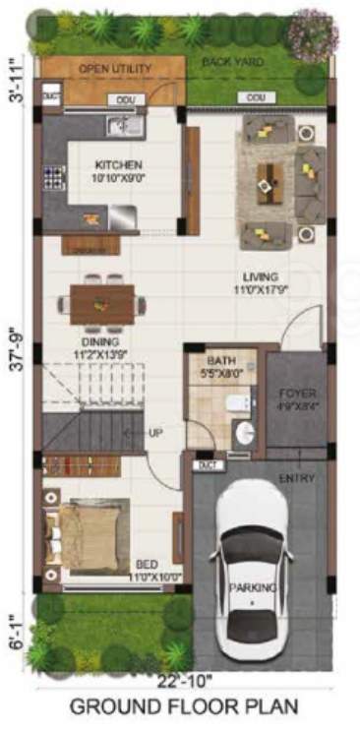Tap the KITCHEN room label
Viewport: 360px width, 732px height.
click(x=118, y=165)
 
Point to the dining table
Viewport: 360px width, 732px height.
click(x=102, y=303)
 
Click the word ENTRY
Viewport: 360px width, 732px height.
click(x=297, y=478)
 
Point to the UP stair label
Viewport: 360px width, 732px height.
click(x=155, y=433)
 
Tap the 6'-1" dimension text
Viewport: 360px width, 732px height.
click(x=14, y=627)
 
